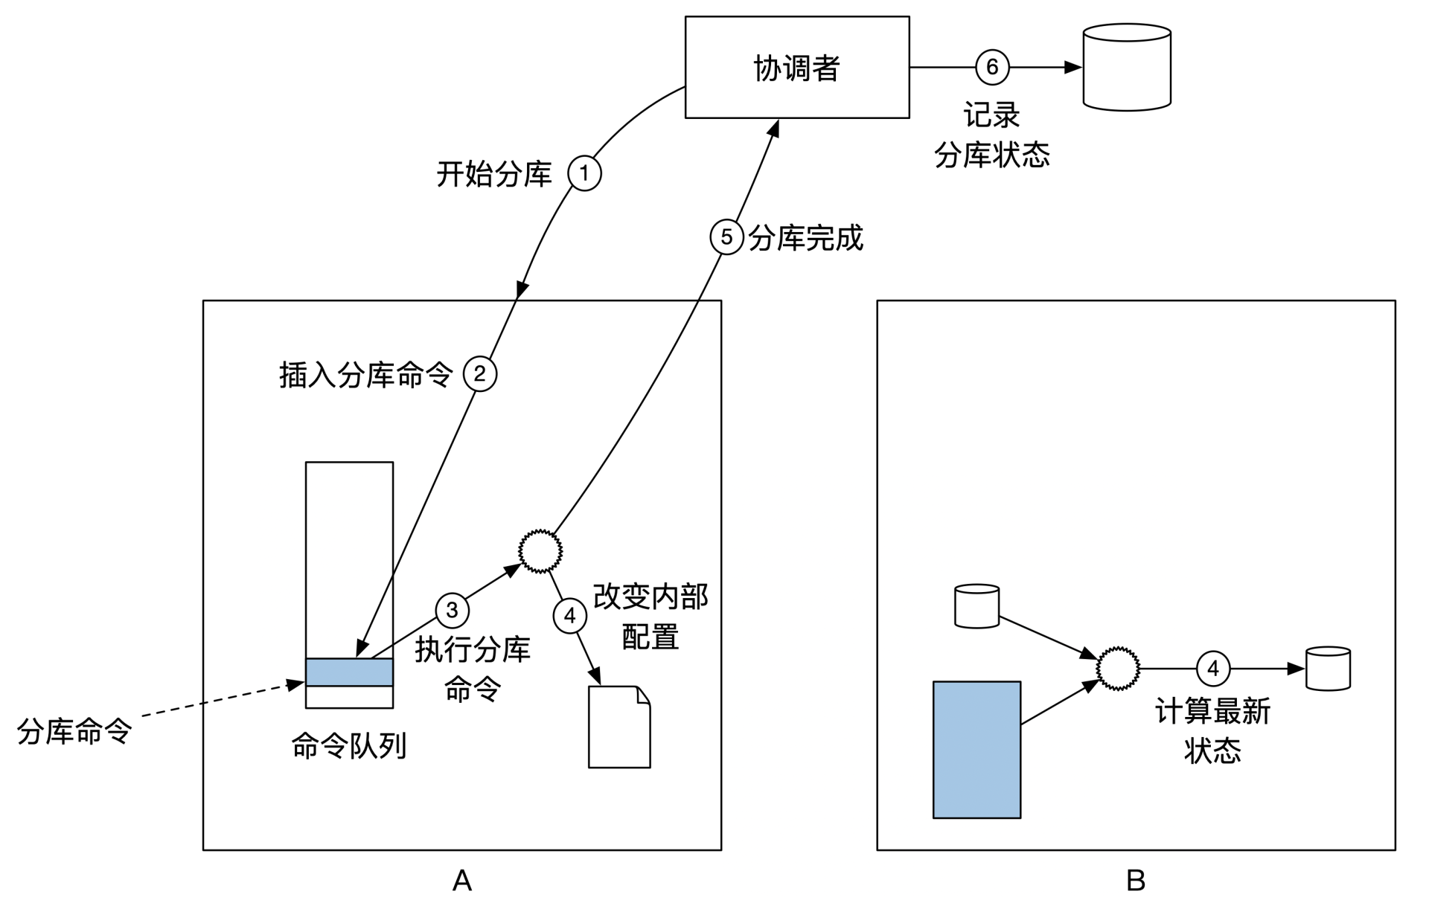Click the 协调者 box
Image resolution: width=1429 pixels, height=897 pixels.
click(x=796, y=67)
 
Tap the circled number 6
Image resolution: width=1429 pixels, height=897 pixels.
click(x=992, y=67)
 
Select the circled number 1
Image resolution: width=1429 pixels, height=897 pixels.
click(x=584, y=173)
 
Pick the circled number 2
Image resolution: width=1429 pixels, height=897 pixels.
click(x=480, y=374)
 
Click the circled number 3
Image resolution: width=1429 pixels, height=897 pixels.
click(x=452, y=611)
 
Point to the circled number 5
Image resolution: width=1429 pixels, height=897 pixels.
click(x=726, y=238)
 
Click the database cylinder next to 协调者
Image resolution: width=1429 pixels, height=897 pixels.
click(x=1127, y=67)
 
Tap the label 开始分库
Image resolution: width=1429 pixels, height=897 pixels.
click(x=494, y=175)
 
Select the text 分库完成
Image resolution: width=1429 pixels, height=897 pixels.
click(x=806, y=239)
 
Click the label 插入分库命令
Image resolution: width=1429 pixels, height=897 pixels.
click(x=365, y=375)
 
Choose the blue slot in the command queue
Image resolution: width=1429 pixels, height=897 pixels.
click(x=349, y=672)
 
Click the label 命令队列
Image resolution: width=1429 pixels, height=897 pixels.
click(x=348, y=746)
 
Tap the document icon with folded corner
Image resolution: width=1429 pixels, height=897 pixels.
click(x=619, y=727)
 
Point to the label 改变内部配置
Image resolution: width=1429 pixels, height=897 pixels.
click(x=650, y=617)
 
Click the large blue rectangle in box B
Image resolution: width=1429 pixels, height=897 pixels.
click(x=976, y=750)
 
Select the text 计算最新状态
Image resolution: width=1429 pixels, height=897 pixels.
click(x=1212, y=730)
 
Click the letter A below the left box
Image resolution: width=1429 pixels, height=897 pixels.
click(x=461, y=881)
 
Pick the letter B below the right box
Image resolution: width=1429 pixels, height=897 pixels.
click(x=1135, y=881)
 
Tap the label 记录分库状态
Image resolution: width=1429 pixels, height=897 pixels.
click(x=992, y=135)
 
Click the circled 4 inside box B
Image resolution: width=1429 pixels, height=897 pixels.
click(x=1212, y=669)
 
